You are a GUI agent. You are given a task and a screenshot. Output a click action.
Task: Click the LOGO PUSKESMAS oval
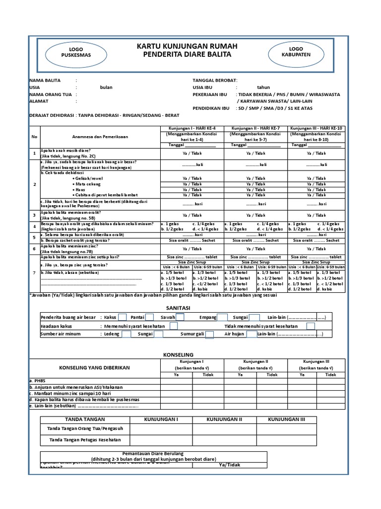tap(75, 52)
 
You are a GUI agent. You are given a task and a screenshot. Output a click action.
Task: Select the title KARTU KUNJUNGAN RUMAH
tap(187, 46)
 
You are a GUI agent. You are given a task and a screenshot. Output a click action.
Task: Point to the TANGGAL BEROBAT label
tap(215, 80)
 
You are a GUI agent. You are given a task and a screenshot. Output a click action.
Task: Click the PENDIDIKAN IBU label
tap(211, 107)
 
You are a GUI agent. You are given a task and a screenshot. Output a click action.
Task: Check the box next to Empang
tap(222, 317)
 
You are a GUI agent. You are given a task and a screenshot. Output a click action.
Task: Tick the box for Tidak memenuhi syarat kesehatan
tap(311, 326)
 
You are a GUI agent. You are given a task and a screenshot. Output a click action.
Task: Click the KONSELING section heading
tap(178, 354)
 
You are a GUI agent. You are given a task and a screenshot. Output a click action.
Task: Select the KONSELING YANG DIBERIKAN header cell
tap(94, 367)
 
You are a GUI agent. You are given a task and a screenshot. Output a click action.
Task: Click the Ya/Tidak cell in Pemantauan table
tap(229, 464)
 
